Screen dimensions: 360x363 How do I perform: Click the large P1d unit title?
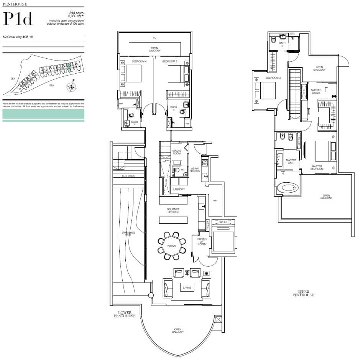pos(18,19)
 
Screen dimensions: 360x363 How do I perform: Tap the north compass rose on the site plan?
pos(71,87)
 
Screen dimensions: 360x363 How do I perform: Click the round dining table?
pos(172,246)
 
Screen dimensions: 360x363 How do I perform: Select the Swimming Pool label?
pos(128,233)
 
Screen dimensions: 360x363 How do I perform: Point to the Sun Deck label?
pos(128,176)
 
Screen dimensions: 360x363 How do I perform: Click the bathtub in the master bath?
pos(287,188)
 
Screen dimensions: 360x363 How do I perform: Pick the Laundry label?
pos(179,189)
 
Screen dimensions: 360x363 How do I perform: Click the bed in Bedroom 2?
pos(267,91)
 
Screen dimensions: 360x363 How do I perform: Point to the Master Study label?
pos(316,91)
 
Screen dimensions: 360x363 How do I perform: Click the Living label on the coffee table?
pos(187,287)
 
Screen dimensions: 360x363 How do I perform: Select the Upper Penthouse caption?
pos(303,293)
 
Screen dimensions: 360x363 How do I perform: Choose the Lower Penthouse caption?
pos(125,314)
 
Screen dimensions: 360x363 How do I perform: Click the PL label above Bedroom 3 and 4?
pos(154,38)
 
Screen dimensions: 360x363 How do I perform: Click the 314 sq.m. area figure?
pos(77,13)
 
